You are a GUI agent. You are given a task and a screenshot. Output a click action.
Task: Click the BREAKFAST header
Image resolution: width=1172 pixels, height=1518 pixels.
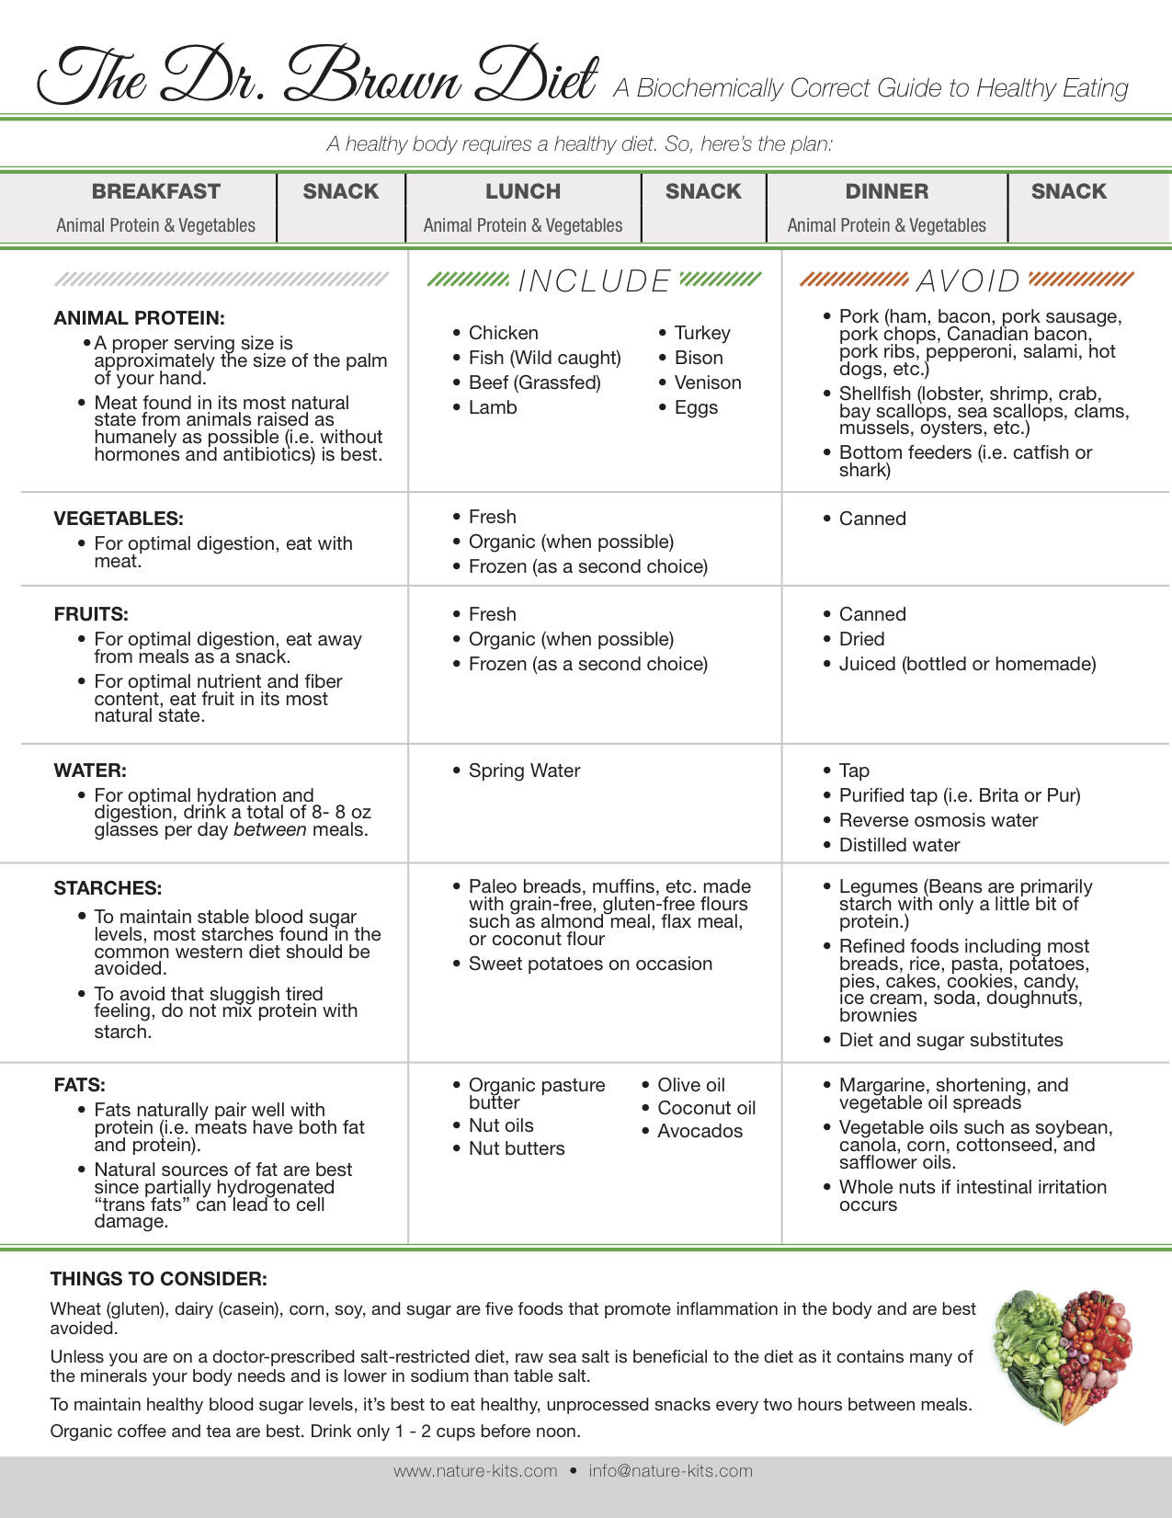pyautogui.click(x=156, y=191)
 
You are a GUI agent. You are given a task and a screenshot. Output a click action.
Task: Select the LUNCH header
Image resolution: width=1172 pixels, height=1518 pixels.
pyautogui.click(x=523, y=191)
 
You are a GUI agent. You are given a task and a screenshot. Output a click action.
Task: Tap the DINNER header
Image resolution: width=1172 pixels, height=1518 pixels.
pyautogui.click(x=887, y=191)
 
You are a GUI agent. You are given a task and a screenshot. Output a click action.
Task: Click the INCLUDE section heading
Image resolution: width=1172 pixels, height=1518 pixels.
pyautogui.click(x=595, y=280)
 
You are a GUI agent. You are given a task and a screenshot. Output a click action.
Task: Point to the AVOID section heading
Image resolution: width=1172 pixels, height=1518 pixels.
pyautogui.click(x=968, y=280)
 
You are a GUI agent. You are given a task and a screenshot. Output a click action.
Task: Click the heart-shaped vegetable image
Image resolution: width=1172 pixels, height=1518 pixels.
pyautogui.click(x=1063, y=1356)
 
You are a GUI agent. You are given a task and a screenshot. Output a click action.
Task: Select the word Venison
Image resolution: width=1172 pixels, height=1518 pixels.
pyautogui.click(x=708, y=382)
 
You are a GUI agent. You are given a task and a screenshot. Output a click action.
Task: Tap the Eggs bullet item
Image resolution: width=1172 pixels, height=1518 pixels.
pyautogui.click(x=696, y=407)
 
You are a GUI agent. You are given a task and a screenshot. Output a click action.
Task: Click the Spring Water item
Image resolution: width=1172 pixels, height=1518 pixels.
pyautogui.click(x=524, y=770)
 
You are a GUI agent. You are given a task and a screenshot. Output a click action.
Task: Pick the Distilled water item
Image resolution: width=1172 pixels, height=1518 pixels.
pyautogui.click(x=899, y=845)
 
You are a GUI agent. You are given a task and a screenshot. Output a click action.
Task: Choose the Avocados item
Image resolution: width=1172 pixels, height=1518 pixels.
pyautogui.click(x=700, y=1131)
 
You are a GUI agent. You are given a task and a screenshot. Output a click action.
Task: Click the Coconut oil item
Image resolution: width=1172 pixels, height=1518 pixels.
pyautogui.click(x=706, y=1108)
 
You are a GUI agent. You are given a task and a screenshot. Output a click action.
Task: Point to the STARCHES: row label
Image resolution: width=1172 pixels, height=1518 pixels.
pyautogui.click(x=108, y=888)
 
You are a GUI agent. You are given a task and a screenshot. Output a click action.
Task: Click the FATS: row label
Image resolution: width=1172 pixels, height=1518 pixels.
pyautogui.click(x=80, y=1085)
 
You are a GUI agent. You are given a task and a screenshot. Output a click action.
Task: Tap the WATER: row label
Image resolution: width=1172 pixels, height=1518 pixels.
pyautogui.click(x=90, y=770)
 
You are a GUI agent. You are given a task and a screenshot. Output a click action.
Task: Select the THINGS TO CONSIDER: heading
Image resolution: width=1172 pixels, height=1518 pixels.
pyautogui.click(x=159, y=1279)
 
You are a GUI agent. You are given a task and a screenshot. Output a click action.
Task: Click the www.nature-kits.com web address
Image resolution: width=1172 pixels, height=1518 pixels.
pyautogui.click(x=475, y=1471)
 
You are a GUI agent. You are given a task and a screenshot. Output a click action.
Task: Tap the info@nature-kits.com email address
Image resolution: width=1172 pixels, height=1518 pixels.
pyautogui.click(x=671, y=1471)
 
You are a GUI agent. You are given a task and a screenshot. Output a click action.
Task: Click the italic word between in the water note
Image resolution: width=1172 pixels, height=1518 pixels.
pyautogui.click(x=270, y=830)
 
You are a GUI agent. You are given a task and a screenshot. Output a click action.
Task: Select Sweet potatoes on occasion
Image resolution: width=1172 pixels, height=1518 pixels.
pyautogui.click(x=590, y=964)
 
